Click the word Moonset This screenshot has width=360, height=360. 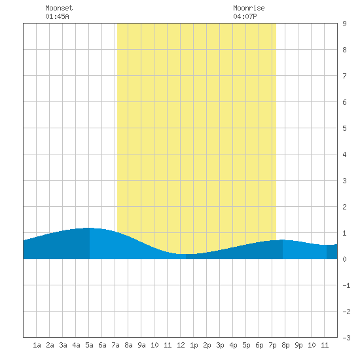coord(59,8)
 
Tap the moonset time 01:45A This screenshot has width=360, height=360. coord(57,16)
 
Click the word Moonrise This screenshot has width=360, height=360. coord(249,8)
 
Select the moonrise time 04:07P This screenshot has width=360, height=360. coord(245,16)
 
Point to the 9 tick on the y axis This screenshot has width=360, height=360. coord(344,24)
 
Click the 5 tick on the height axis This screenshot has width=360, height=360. coord(344,128)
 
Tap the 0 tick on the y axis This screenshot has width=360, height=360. coord(344,259)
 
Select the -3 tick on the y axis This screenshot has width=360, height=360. coord(346,338)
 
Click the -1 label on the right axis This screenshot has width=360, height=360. coord(346,285)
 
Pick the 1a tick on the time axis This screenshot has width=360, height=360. coord(37,345)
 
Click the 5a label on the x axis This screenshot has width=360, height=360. coord(89,345)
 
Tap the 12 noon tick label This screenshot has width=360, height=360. coord(181,345)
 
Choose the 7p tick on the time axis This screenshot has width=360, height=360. coord(272,345)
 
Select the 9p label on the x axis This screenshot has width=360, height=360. coord(298,345)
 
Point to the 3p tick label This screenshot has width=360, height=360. coord(220,345)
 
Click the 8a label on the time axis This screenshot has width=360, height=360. coord(128,345)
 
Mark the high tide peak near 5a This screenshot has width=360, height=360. coord(89,228)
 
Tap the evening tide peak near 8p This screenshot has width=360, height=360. coord(283,240)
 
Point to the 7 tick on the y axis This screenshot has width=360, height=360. coord(344,76)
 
